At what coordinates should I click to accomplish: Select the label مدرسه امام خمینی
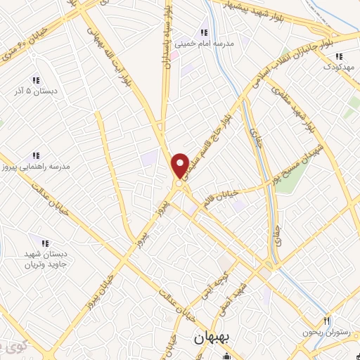[x=204, y=44]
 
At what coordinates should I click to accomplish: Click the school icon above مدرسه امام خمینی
[x=204, y=32]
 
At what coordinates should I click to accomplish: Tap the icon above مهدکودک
[x=339, y=56]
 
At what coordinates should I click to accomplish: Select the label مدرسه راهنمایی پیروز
[x=36, y=167]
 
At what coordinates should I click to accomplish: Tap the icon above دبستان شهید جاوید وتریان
[x=44, y=243]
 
